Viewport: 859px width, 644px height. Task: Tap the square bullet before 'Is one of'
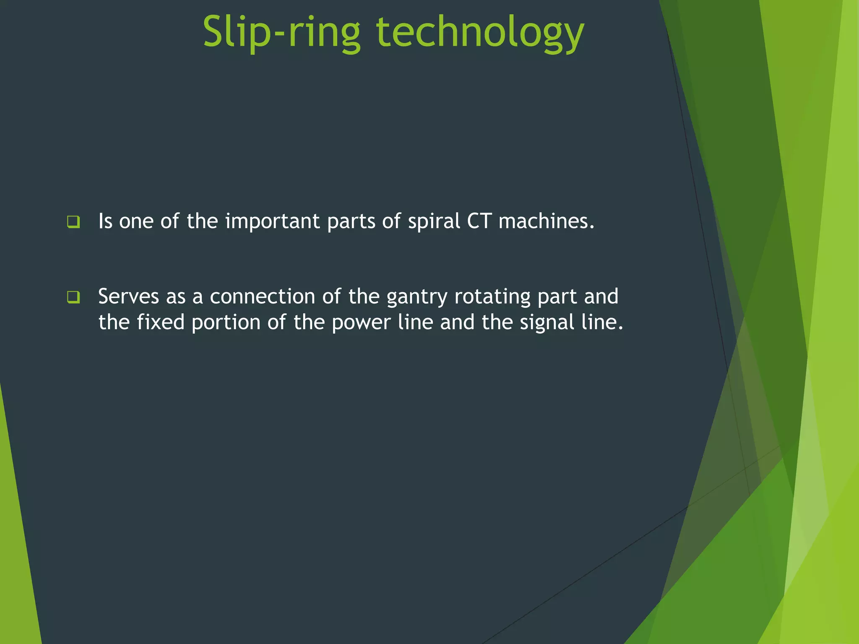[73, 221]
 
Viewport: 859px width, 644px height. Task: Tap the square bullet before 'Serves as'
[73, 297]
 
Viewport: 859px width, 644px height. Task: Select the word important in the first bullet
[272, 221]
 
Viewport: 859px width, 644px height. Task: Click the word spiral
[434, 221]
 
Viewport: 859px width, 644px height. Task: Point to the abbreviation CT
[479, 221]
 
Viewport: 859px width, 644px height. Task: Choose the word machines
[546, 221]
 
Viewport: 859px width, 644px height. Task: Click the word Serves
[128, 297]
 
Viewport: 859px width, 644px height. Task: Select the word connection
[262, 297]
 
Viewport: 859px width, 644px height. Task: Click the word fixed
[161, 322]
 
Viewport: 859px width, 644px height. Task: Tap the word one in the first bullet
[136, 222]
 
